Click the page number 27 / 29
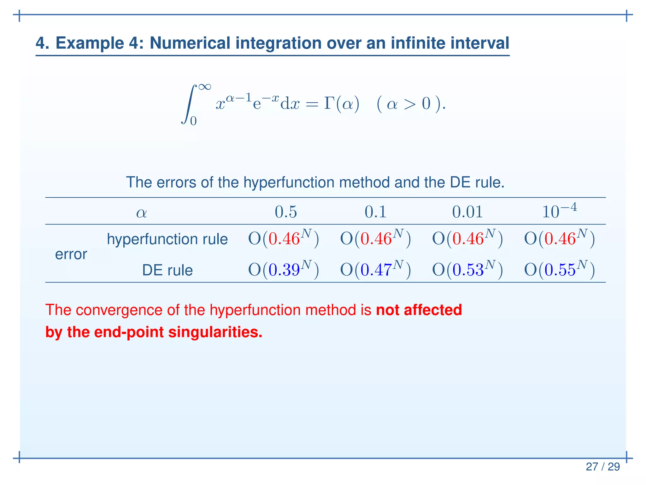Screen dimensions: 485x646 pos(602,467)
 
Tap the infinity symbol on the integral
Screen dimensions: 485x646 pos(204,87)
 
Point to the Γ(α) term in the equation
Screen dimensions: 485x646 pos(342,104)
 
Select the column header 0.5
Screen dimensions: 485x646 pos(286,212)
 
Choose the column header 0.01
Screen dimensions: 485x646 pos(467,212)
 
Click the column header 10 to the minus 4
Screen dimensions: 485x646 pos(559,211)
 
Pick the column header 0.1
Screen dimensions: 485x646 pos(375,212)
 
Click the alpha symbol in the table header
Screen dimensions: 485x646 pos(141,213)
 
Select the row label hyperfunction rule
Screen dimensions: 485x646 pos(167,239)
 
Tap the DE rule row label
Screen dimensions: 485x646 pos(167,270)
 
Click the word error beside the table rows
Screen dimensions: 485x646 pos(71,254)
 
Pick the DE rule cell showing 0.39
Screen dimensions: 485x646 pos(284,269)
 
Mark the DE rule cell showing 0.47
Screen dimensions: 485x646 pos(375,269)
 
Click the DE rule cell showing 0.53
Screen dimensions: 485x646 pos(467,269)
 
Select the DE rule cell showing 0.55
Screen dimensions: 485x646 pos(559,269)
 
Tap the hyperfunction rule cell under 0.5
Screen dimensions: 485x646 pos(284,238)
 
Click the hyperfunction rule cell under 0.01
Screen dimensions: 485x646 pos(467,238)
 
